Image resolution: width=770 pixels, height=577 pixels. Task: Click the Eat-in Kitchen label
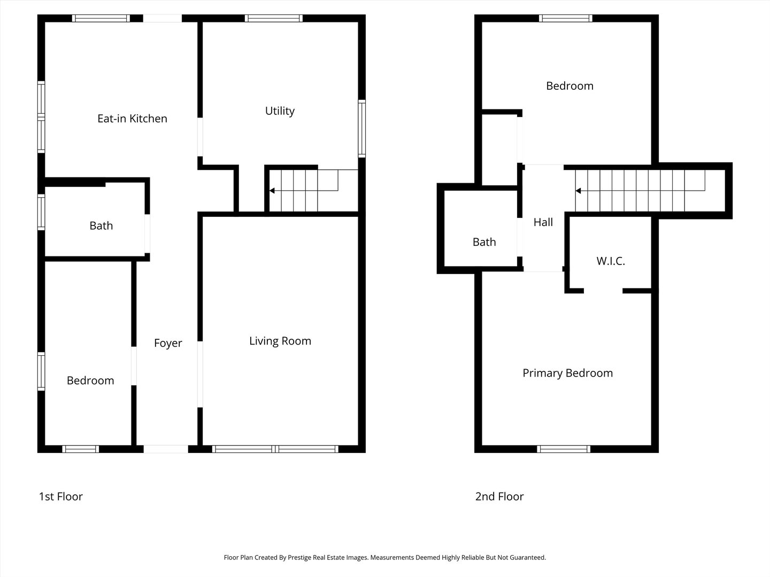[132, 119]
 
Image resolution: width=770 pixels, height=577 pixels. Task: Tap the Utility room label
[280, 111]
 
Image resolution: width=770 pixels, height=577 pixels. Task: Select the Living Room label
[280, 341]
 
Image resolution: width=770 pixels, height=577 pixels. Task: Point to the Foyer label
[168, 343]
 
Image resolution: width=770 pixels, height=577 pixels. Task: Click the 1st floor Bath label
[101, 225]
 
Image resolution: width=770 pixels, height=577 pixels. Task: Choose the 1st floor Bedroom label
[90, 380]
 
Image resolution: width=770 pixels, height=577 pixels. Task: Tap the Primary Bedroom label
[567, 373]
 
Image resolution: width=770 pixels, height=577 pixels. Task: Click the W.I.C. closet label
[610, 261]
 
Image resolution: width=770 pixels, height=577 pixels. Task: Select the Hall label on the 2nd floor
[543, 222]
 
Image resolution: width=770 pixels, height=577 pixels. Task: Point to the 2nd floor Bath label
[484, 242]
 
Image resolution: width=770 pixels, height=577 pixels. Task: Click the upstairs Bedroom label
[569, 86]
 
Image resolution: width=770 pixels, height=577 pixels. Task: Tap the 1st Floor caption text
[60, 496]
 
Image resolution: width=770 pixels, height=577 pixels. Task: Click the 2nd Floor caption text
[499, 496]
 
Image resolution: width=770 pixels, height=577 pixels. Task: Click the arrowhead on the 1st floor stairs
[272, 190]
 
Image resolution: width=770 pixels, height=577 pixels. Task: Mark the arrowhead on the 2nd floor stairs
[578, 191]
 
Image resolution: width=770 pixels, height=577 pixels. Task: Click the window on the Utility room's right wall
[362, 128]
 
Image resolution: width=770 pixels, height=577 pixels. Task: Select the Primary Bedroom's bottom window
[564, 449]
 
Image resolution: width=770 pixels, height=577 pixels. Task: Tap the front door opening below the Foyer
[166, 449]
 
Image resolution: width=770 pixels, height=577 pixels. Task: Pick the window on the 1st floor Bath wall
[41, 213]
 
